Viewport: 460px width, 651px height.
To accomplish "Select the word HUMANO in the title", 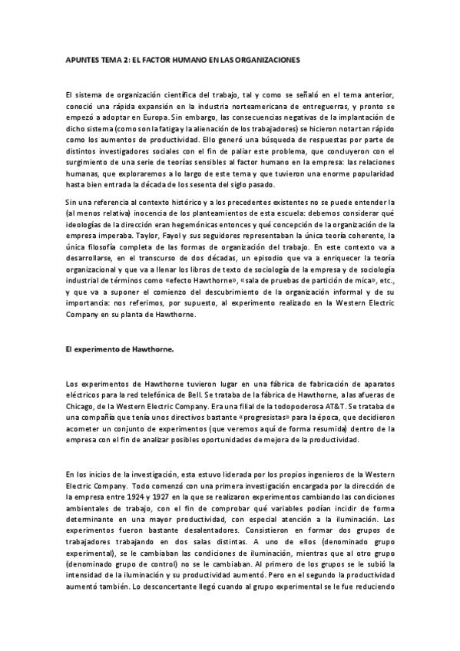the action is (x=197, y=58).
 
